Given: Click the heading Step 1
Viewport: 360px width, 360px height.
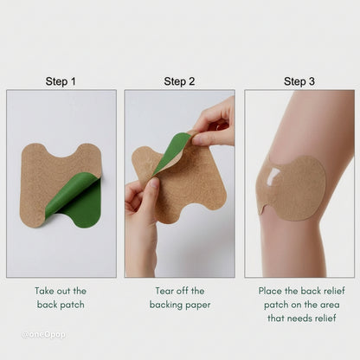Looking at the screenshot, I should click(x=61, y=81).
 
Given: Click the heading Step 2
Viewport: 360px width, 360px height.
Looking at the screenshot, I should click(x=180, y=81).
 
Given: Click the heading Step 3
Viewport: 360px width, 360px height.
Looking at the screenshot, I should click(x=299, y=81).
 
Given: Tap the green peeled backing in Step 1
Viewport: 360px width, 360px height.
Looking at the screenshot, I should click(x=76, y=201).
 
